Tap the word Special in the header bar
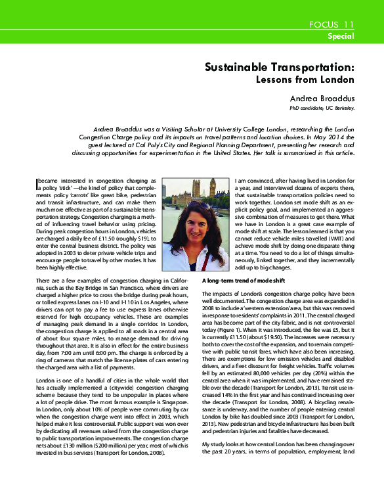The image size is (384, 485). tap(341, 37)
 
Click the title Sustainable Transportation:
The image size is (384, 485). tap(280, 67)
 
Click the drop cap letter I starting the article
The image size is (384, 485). tap(35, 179)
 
